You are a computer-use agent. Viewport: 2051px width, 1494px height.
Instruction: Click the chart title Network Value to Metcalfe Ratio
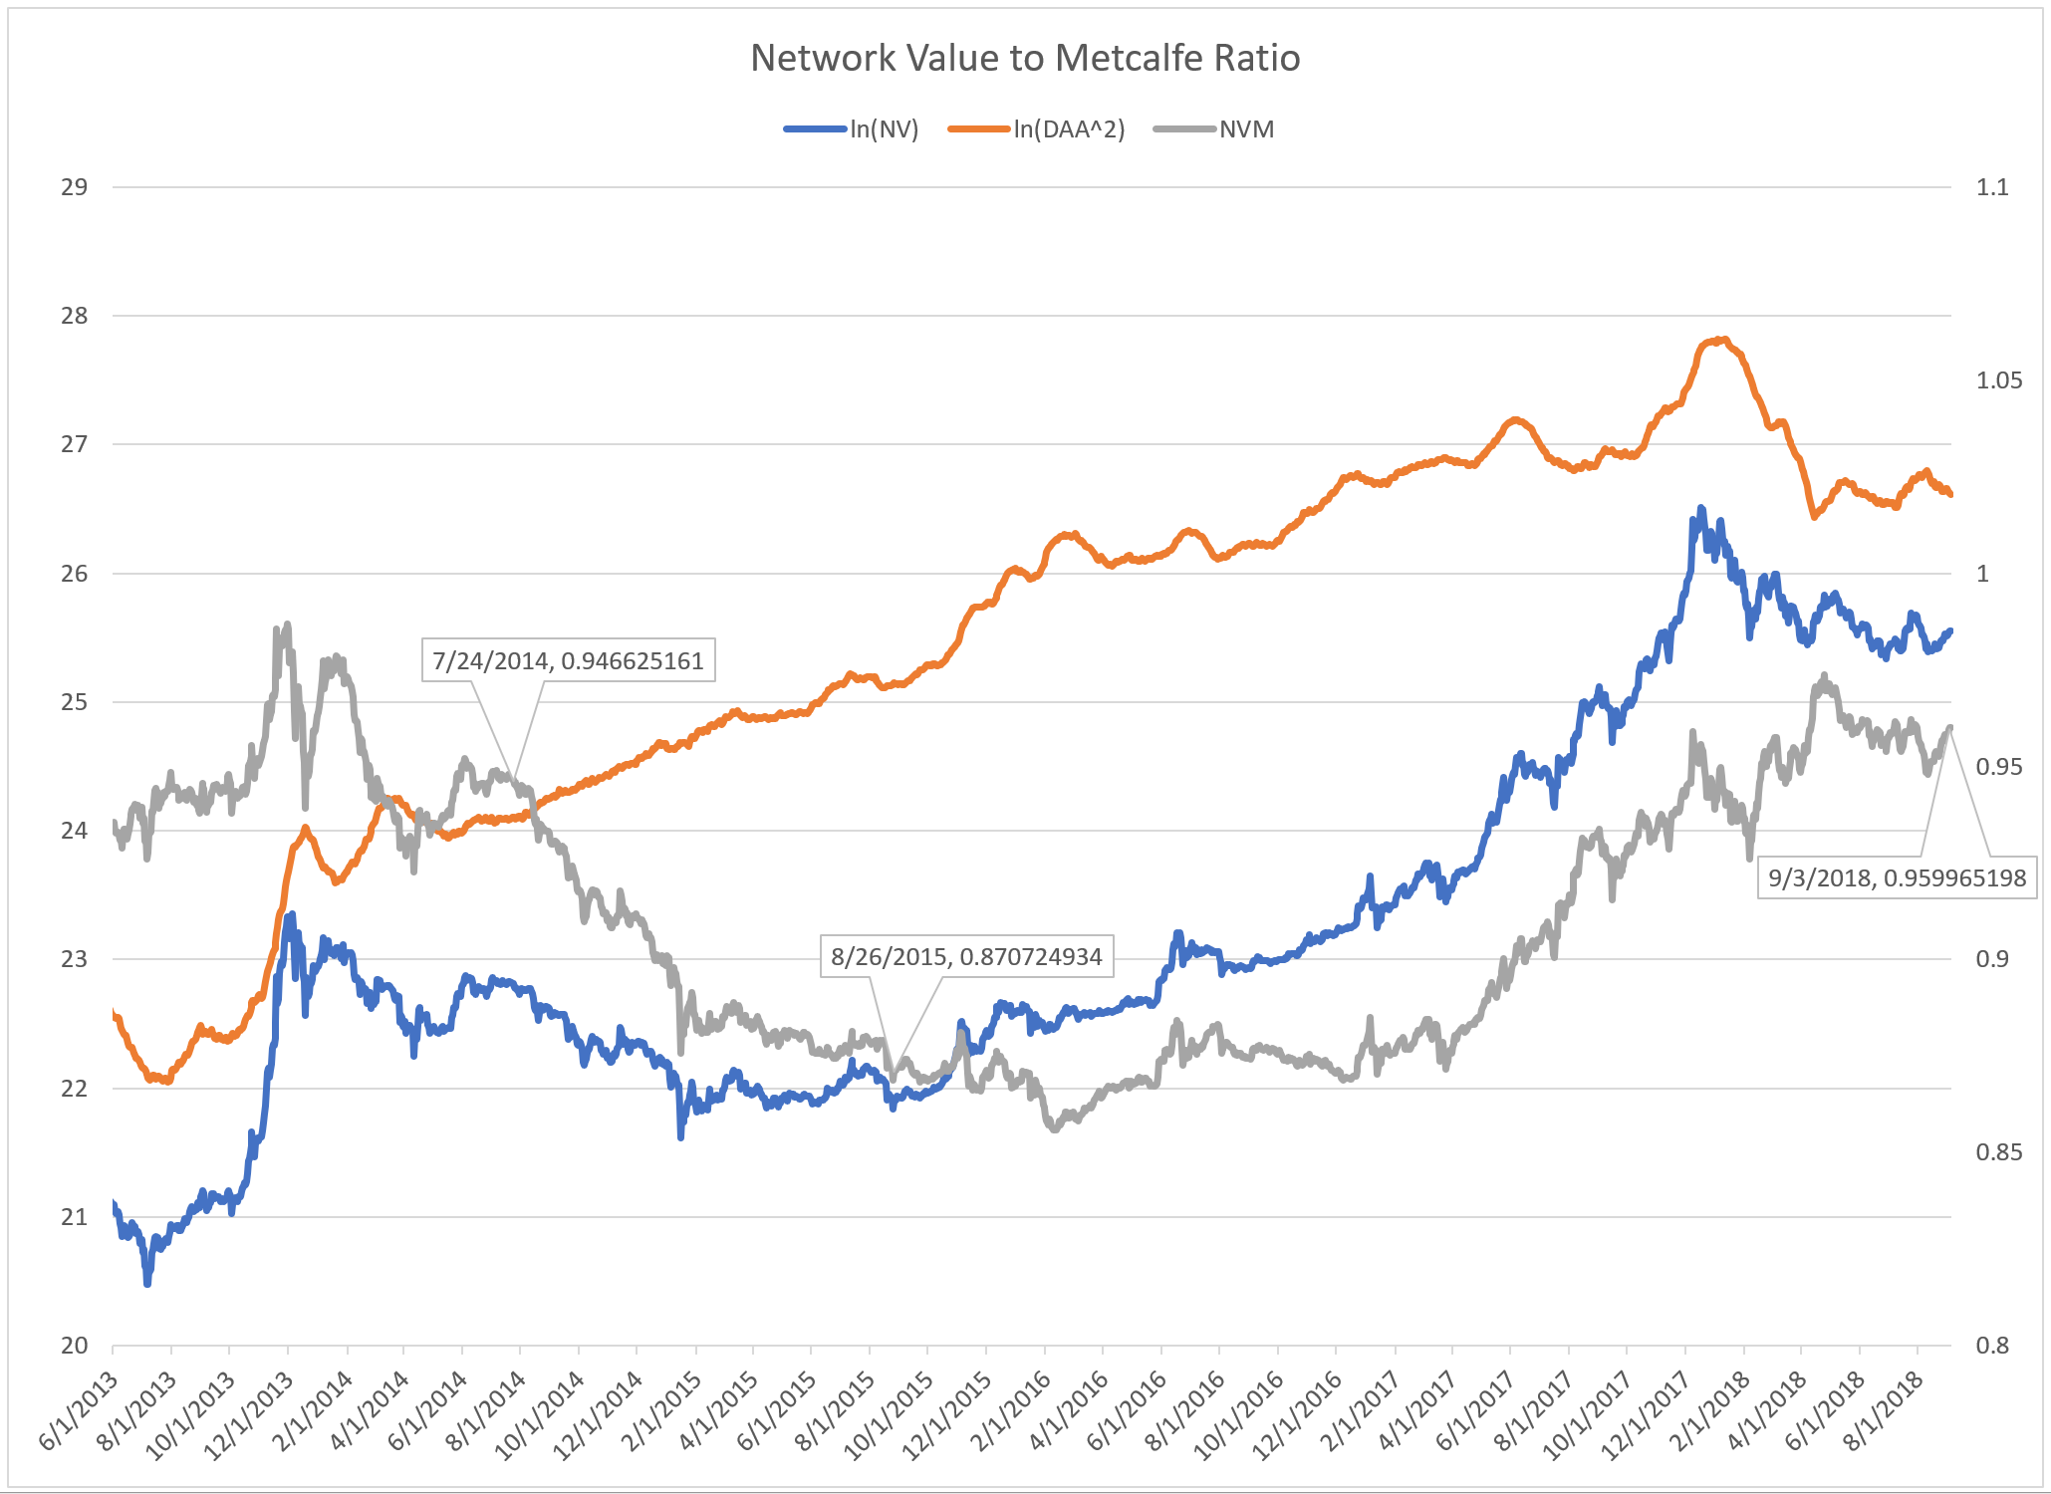1025,58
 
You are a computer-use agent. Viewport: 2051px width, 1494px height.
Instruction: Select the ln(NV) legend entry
884,129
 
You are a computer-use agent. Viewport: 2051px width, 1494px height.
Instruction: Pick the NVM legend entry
1246,129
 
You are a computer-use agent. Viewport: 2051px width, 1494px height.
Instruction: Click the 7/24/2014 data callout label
569,660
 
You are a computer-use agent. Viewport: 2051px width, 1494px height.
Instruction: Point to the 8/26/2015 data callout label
966,957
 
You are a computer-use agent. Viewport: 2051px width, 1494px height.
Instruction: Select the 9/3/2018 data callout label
1897,877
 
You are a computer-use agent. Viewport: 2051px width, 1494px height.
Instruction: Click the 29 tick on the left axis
74,187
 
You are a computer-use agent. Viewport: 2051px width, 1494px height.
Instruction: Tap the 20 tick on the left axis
74,1346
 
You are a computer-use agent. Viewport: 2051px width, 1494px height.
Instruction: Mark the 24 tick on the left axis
74,831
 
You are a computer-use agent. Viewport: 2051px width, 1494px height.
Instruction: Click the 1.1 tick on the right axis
1992,187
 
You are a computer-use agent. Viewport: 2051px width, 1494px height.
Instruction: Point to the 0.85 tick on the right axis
1998,1152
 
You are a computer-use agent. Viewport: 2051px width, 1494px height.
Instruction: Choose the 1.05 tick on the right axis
1998,380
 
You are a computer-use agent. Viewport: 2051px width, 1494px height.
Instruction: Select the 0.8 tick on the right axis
1992,1346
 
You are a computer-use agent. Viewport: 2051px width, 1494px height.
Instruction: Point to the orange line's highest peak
1724,340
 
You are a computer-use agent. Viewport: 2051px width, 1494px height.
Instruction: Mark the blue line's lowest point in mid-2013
147,1283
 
